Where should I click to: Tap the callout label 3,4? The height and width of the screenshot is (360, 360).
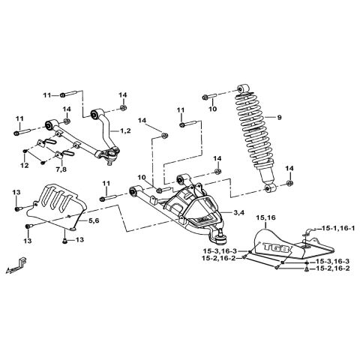point(239,214)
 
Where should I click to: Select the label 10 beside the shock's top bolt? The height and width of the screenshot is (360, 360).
point(212,109)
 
